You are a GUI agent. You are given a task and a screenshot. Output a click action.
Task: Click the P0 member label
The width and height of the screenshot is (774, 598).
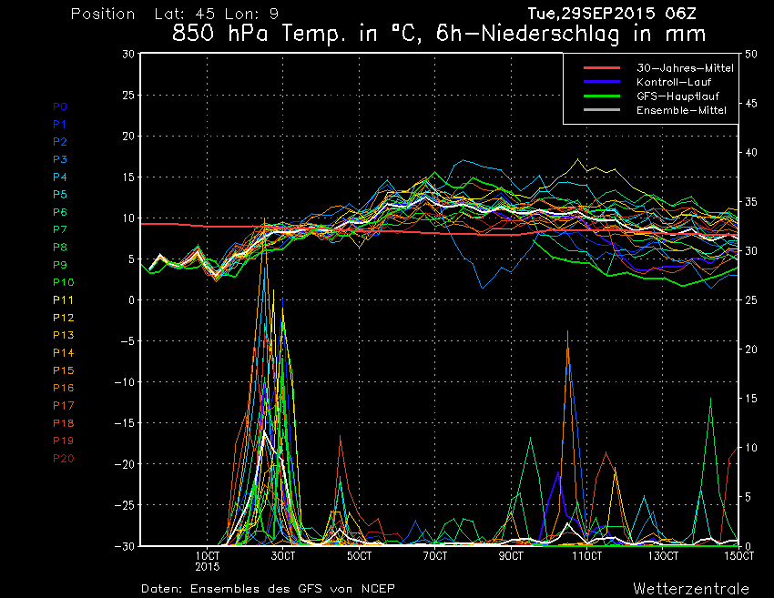60,106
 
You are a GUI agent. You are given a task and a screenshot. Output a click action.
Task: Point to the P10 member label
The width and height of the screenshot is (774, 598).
64,282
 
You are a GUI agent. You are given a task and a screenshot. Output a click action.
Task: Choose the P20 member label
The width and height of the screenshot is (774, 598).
64,458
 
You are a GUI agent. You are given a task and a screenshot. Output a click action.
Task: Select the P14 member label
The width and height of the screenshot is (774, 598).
64,352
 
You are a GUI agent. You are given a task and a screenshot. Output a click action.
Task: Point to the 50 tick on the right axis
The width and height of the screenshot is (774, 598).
751,54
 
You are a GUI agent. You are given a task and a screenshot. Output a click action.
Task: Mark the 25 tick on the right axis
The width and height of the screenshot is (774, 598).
751,300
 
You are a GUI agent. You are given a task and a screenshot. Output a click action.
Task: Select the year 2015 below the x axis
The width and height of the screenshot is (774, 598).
209,566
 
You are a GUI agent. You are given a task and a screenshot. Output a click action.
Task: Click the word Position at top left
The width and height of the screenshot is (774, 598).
103,15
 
